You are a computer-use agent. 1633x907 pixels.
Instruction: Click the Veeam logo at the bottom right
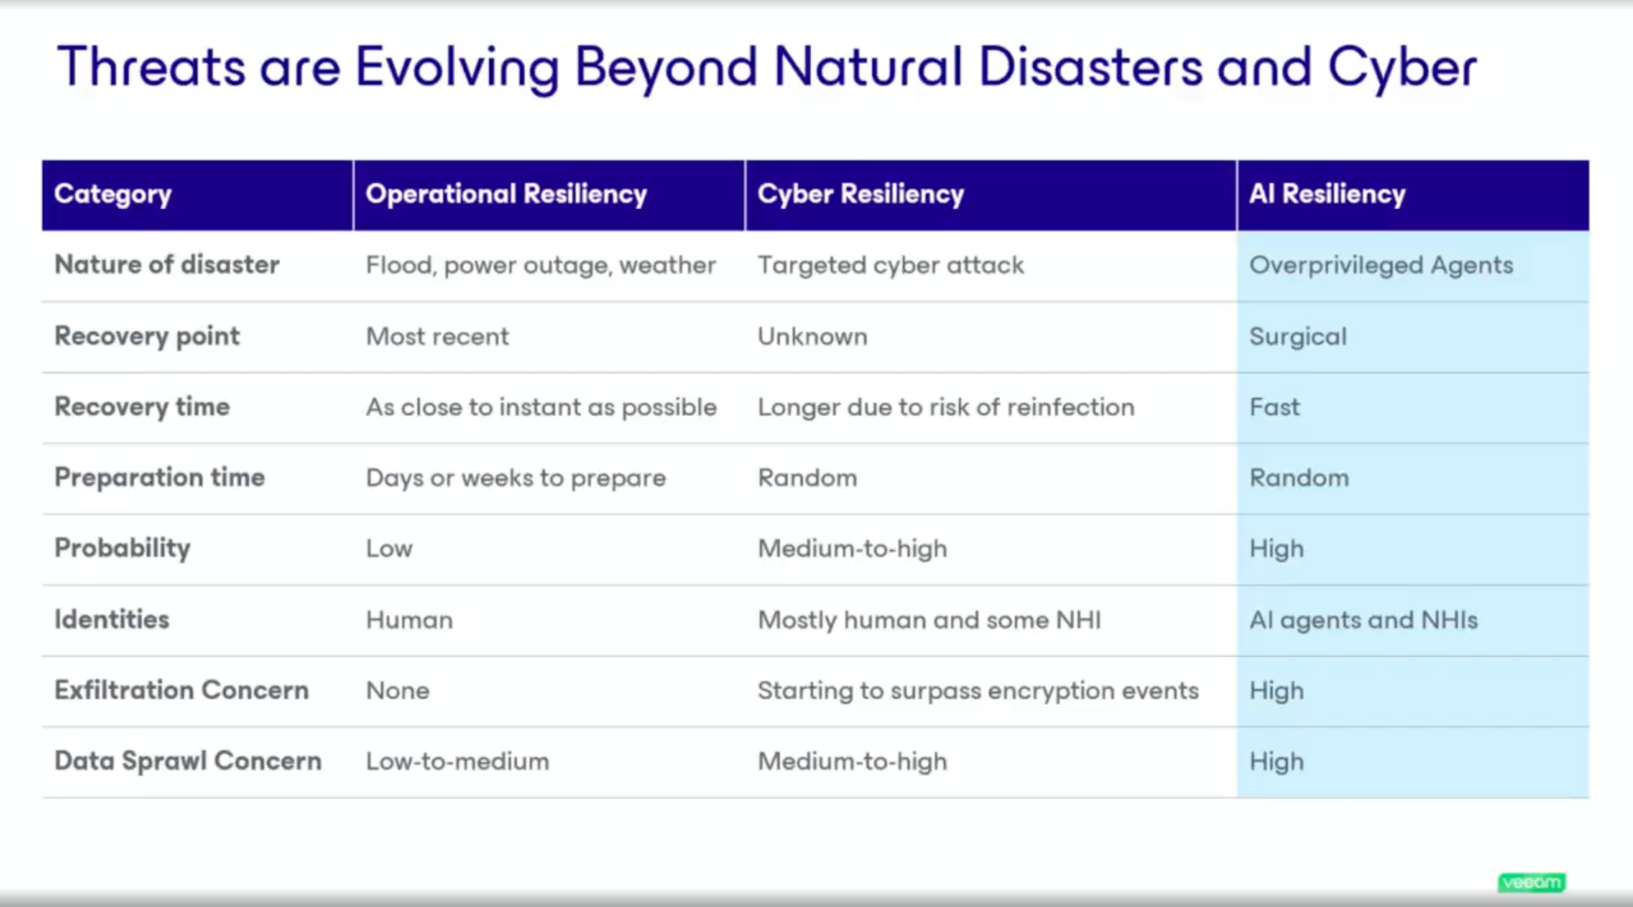(x=1531, y=882)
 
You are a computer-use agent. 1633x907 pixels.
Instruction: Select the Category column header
(x=113, y=194)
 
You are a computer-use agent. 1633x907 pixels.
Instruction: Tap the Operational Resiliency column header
(x=506, y=194)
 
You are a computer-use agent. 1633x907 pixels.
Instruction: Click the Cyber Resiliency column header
(x=860, y=194)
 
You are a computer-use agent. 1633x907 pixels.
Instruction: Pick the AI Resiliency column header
(x=1327, y=194)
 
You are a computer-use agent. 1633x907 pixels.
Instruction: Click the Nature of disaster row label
(x=167, y=264)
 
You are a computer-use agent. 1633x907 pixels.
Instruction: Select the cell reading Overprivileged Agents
(x=1381, y=265)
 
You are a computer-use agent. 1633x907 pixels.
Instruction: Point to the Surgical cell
(x=1297, y=336)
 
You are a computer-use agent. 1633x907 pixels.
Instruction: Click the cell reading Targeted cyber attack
(x=890, y=265)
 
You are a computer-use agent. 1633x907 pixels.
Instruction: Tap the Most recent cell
(x=437, y=336)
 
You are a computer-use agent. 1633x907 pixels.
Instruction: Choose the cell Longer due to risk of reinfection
(x=945, y=407)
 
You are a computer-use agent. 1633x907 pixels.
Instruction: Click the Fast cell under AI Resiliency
(x=1274, y=407)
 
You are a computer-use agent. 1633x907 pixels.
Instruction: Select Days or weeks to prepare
(x=516, y=478)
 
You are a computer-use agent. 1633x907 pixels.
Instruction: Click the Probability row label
(x=122, y=548)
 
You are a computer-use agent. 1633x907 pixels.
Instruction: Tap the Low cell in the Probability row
(x=389, y=549)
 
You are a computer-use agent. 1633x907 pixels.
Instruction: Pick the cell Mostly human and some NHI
(x=929, y=619)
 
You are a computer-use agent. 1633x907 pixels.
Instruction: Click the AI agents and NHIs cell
(x=1363, y=619)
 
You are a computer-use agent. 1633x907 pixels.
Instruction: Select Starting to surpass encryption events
(x=978, y=690)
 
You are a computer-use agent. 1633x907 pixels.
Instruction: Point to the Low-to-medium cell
(x=457, y=761)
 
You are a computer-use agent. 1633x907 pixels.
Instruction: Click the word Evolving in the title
(x=457, y=68)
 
